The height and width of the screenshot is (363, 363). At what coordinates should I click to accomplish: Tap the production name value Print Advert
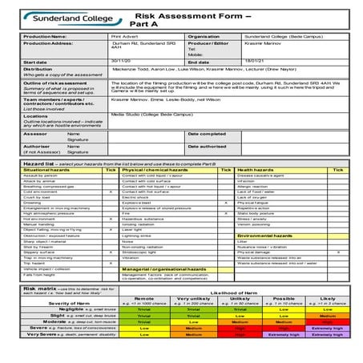coord(123,37)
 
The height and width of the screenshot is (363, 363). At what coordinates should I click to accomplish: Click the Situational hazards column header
coord(48,170)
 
